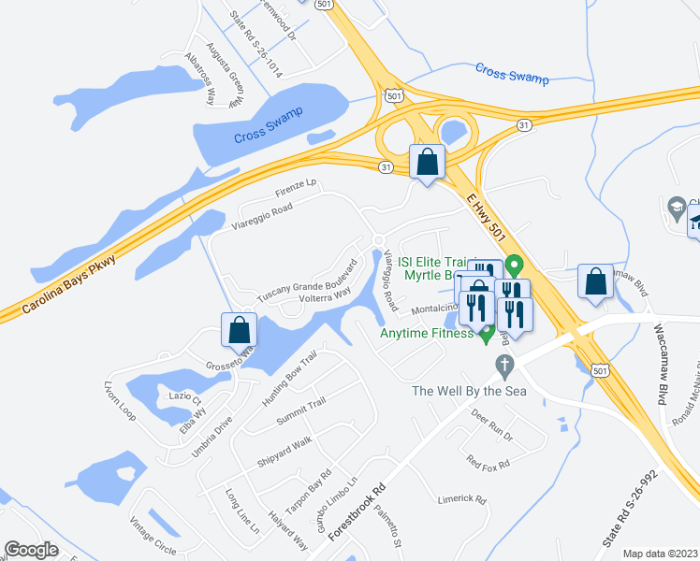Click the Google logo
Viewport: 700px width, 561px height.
31,550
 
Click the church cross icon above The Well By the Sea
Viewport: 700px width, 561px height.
504,364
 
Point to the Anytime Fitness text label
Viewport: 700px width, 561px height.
426,334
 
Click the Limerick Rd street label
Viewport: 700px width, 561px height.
462,499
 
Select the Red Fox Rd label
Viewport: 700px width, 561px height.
488,463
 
